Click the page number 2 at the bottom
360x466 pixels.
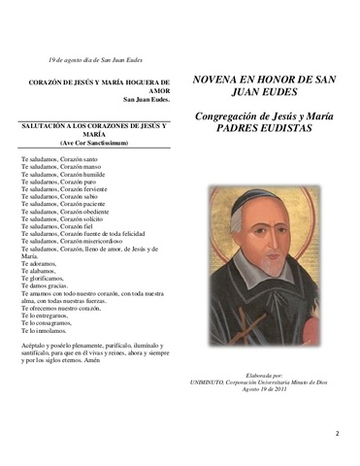click(x=337, y=434)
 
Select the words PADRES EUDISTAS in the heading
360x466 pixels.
click(x=262, y=127)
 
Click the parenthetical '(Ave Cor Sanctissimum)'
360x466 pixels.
click(x=95, y=143)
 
